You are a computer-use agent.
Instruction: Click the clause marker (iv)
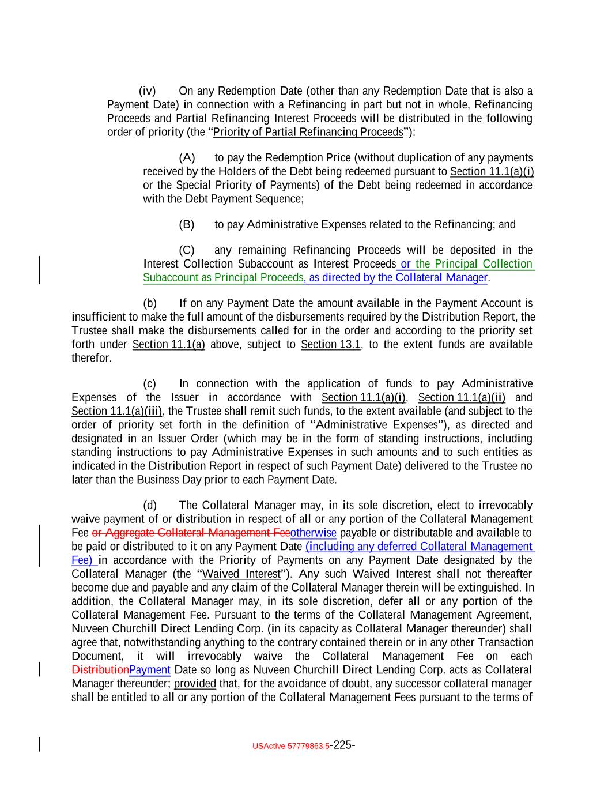click(147, 91)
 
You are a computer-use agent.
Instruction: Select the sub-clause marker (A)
click(187, 158)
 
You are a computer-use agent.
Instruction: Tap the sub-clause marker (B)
click(187, 224)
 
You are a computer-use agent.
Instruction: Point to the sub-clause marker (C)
click(187, 250)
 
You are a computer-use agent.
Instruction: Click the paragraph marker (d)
click(150, 506)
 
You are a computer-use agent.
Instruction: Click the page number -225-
click(342, 745)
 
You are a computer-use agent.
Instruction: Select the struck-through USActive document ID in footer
click(291, 746)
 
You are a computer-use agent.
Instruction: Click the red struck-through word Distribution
click(100, 670)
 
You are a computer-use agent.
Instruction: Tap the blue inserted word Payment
click(150, 670)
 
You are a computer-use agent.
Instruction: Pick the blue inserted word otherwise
click(314, 533)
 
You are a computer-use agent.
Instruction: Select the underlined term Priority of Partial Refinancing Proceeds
click(308, 133)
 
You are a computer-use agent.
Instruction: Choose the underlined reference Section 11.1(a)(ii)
click(462, 398)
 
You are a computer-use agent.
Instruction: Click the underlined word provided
click(195, 684)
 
